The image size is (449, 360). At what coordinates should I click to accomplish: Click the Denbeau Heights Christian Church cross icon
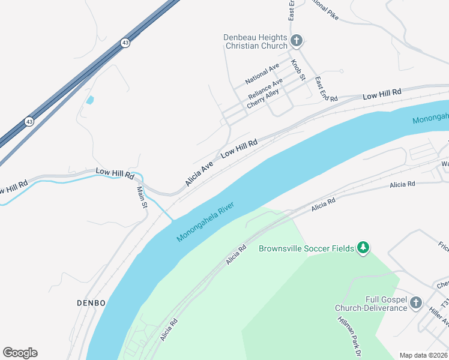pos(296,41)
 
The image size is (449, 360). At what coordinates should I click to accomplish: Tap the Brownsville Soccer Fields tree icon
pos(363,247)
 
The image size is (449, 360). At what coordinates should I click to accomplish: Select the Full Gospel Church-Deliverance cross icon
pos(416,304)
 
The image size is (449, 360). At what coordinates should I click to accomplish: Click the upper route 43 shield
pos(125,43)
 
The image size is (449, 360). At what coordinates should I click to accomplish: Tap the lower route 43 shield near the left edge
pos(29,121)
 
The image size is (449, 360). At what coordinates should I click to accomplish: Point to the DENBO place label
pos(91,302)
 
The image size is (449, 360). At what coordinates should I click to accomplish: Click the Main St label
pos(142,197)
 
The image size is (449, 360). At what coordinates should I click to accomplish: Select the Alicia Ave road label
pos(199,173)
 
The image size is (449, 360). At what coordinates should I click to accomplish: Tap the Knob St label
pos(298,70)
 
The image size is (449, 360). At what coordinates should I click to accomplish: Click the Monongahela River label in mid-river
pos(212,222)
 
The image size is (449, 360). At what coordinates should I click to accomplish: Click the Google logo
pos(20,353)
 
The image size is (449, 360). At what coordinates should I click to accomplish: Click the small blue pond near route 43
pos(90,100)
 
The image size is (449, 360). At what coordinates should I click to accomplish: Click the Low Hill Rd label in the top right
pos(382,94)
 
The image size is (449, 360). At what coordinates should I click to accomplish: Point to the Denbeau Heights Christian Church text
pos(256,41)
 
